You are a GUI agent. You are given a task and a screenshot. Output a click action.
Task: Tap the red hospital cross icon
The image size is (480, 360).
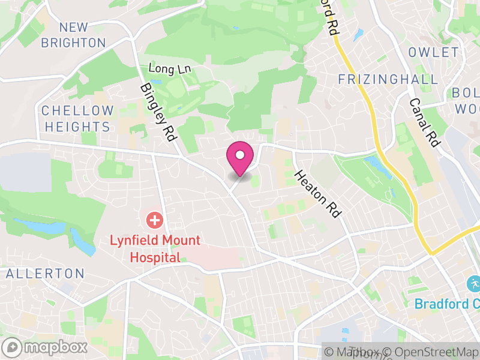(x=155, y=220)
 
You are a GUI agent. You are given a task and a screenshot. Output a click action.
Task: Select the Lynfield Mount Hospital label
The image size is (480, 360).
(x=155, y=248)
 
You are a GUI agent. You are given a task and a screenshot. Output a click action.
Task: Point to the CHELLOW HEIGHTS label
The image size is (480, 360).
(x=77, y=119)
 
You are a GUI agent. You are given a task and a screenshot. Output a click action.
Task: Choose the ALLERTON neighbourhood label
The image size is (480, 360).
(x=46, y=274)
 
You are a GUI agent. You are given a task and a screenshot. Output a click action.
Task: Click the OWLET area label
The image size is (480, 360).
(x=433, y=53)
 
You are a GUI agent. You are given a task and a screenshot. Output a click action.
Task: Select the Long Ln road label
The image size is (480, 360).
(x=169, y=69)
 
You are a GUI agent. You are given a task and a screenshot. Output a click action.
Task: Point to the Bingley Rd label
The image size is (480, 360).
(x=159, y=112)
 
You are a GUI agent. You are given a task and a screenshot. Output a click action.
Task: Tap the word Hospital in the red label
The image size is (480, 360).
(x=155, y=257)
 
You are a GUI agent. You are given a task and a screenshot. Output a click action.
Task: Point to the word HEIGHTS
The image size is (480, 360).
(x=77, y=127)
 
